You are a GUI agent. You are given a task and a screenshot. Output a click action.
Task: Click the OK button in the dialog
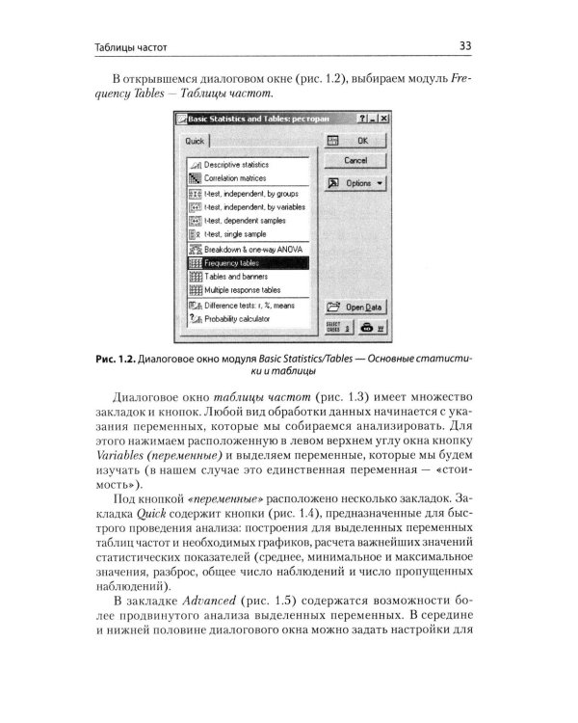tap(355, 141)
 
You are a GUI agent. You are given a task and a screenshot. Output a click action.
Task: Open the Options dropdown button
tap(355, 182)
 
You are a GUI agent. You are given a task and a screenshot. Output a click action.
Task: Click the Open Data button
tap(355, 307)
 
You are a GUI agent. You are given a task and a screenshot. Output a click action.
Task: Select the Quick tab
tap(197, 142)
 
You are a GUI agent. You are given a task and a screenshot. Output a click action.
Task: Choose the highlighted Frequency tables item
tap(247, 262)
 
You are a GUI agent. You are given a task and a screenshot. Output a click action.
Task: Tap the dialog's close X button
tap(383, 117)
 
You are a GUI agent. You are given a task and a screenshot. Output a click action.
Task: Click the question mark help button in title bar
tap(362, 117)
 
